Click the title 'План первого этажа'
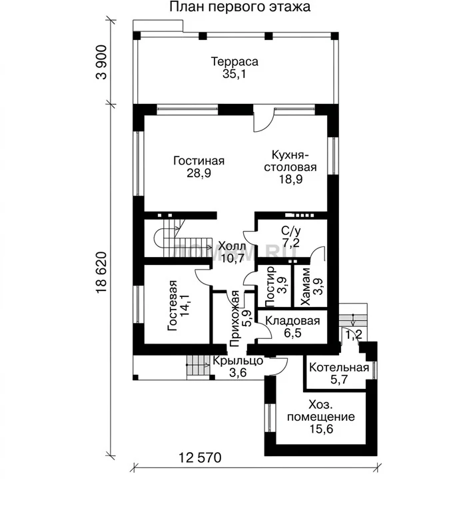(240, 7)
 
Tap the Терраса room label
(234, 61)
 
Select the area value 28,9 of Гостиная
(199, 173)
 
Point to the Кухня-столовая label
(290, 161)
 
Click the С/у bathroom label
(290, 231)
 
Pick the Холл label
(232, 246)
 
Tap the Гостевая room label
(173, 306)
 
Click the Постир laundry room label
(270, 286)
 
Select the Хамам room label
(305, 286)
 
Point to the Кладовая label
(292, 321)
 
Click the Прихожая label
(234, 318)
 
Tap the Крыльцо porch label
(238, 361)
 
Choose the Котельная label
(339, 368)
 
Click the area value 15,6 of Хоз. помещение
(321, 429)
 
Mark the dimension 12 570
(200, 457)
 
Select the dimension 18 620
(101, 272)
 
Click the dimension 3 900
(101, 63)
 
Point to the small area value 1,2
(354, 336)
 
